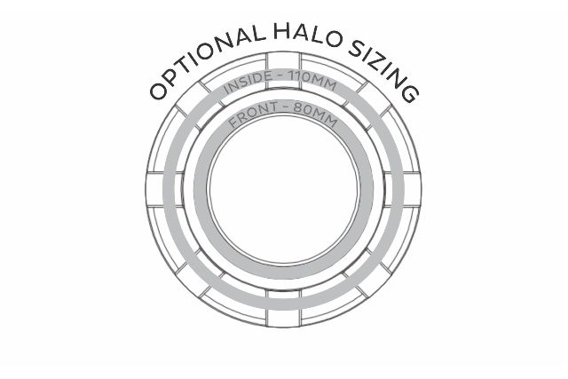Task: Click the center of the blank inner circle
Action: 283,190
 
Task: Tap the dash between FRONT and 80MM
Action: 288,114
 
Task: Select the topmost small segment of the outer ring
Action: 284,58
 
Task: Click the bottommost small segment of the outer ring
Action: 284,320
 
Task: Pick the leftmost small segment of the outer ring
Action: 154,189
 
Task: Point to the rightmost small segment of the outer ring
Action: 414,189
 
